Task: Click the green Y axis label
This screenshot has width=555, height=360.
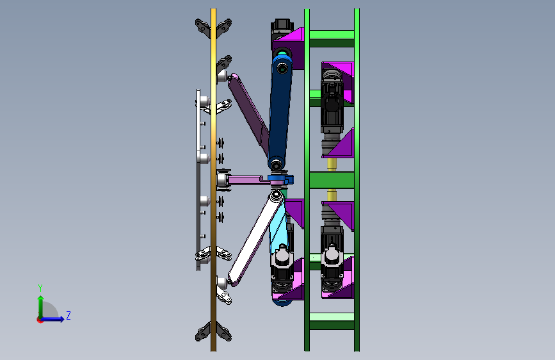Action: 40,288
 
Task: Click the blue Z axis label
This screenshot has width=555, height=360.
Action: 68,315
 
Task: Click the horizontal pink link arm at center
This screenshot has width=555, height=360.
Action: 248,180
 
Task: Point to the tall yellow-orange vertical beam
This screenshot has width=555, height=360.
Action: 213,180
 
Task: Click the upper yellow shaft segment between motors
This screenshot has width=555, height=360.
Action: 332,165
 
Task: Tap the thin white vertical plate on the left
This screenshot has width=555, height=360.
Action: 198,180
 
